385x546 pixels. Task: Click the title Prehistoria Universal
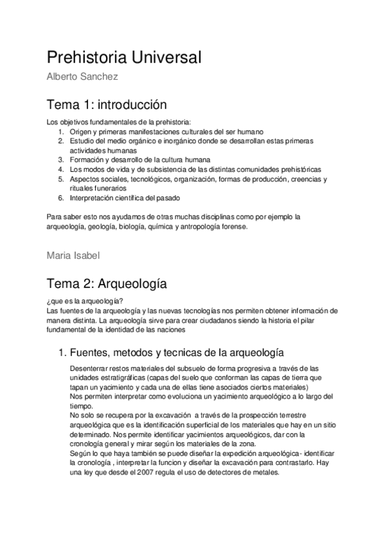click(x=125, y=58)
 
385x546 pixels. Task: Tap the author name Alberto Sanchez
click(x=81, y=77)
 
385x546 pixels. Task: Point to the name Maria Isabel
click(x=73, y=255)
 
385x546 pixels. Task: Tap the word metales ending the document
click(x=266, y=472)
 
